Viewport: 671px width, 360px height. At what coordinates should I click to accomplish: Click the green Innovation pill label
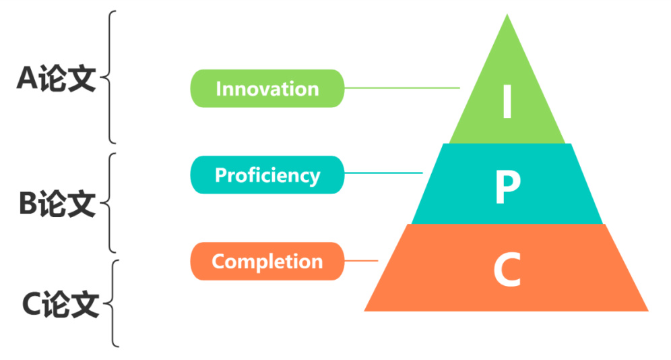(x=267, y=88)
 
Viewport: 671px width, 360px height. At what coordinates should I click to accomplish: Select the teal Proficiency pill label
(x=267, y=175)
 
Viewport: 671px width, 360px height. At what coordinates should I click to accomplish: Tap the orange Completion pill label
(x=267, y=262)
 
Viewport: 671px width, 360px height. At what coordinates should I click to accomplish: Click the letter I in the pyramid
(x=507, y=102)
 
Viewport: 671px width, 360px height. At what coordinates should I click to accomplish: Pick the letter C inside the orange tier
(x=507, y=270)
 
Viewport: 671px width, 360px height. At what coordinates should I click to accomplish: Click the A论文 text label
(x=57, y=80)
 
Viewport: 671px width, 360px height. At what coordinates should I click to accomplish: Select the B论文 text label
(x=57, y=203)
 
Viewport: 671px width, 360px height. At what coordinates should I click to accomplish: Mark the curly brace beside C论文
(x=113, y=303)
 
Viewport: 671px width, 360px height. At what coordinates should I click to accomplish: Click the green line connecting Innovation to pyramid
(x=402, y=88)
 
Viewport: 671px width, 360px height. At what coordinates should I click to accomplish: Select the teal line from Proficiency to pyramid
(x=384, y=173)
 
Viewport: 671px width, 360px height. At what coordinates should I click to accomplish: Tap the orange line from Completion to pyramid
(x=361, y=261)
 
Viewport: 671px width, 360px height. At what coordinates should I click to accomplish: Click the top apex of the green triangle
(x=507, y=16)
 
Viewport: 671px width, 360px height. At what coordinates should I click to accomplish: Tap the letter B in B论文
(x=28, y=203)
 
